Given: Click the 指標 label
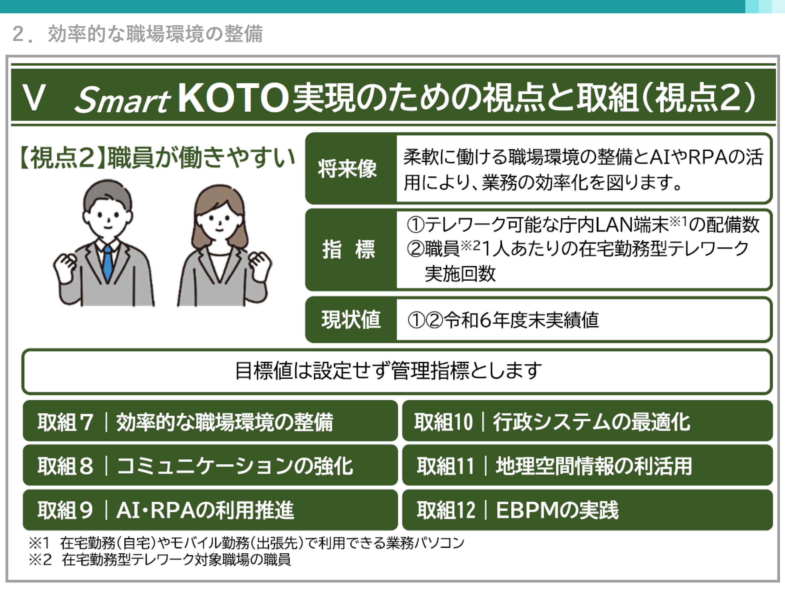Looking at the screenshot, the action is point(349,249).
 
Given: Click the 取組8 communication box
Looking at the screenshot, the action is point(210,465).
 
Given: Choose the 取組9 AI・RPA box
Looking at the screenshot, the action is point(210,510).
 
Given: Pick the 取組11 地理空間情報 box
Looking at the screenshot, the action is point(587,465).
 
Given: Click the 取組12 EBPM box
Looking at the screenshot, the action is point(587,510).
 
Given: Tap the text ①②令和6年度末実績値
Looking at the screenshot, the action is point(503,320).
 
